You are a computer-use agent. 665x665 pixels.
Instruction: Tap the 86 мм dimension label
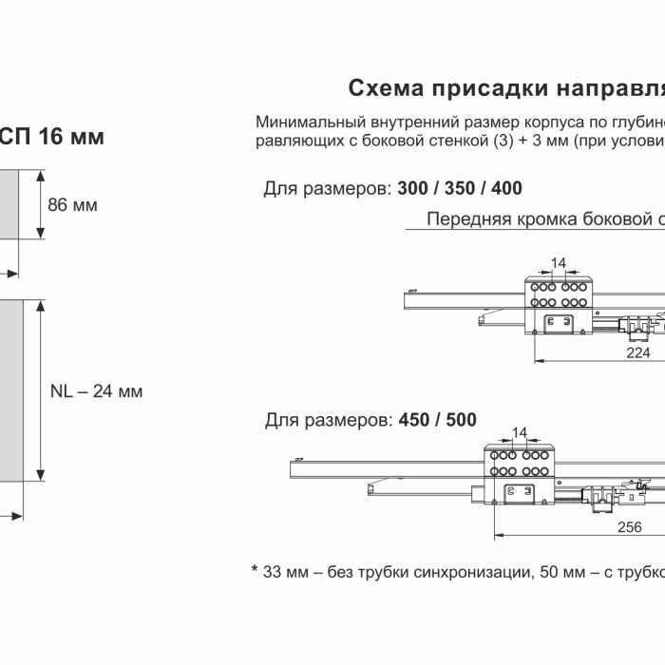(72, 204)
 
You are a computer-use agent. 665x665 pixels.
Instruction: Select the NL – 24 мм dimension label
(96, 390)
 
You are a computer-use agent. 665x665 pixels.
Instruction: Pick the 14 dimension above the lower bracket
(519, 432)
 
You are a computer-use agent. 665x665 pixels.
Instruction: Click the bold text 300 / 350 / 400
(460, 188)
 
